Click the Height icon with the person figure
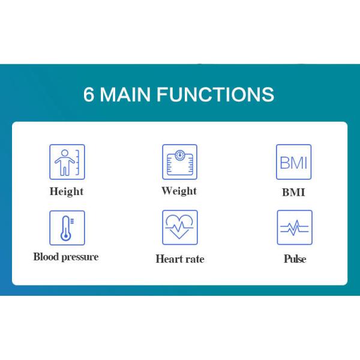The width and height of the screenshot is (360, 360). click(67, 161)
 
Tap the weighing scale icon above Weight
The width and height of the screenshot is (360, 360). click(179, 161)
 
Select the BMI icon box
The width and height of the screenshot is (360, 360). click(293, 161)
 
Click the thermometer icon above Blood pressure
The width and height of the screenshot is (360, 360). click(67, 227)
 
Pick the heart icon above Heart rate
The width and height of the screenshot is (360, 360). click(179, 227)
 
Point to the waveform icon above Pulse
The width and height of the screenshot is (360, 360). click(294, 227)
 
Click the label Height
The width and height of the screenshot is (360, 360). click(67, 191)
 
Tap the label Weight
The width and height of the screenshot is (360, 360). click(179, 191)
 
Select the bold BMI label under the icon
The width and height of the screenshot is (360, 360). click(293, 193)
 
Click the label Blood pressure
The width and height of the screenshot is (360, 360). click(66, 257)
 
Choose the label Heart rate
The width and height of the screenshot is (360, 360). click(179, 259)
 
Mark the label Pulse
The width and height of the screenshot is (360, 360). click(295, 259)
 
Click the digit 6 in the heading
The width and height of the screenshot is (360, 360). click(89, 95)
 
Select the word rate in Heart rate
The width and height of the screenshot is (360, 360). click(194, 259)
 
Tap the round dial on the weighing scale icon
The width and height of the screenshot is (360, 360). click(179, 155)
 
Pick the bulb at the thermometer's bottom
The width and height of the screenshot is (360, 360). click(65, 236)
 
